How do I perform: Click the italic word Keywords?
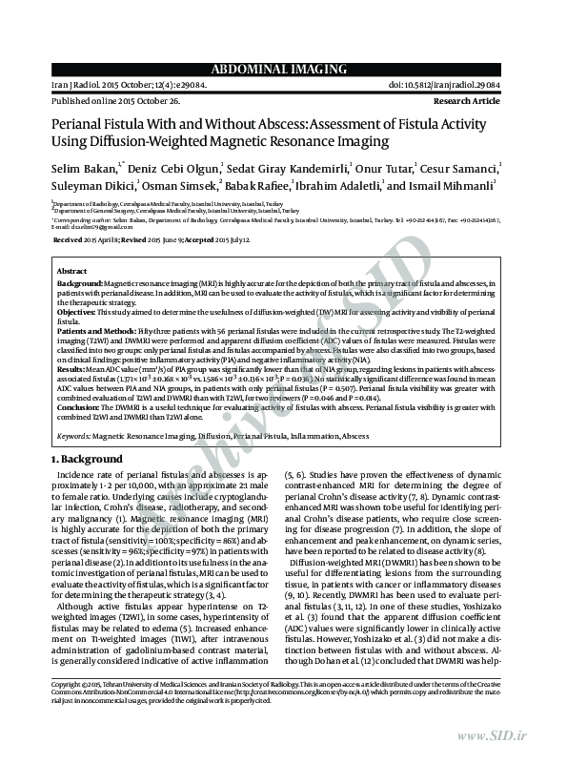pos(74,436)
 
